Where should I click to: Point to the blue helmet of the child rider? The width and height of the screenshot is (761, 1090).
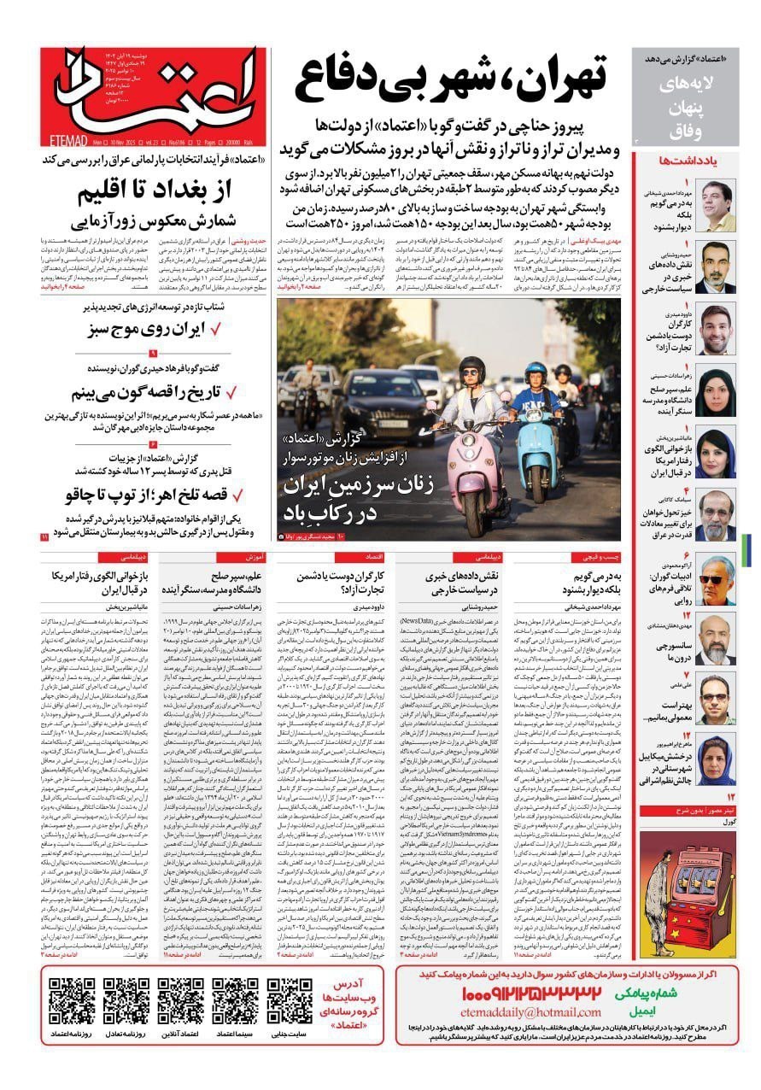tap(536, 372)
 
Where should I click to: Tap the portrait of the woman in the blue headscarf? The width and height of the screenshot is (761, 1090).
tap(715, 453)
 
